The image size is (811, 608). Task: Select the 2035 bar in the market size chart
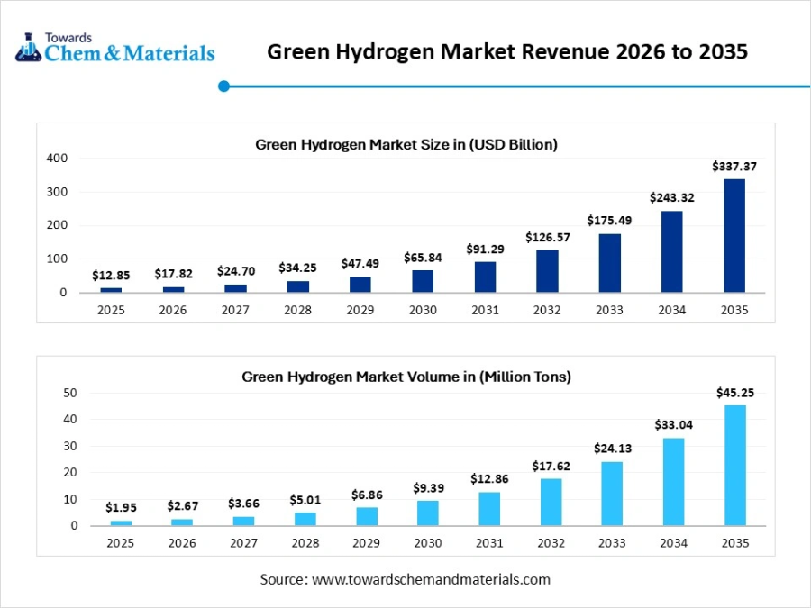click(x=734, y=235)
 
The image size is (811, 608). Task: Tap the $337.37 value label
click(x=734, y=167)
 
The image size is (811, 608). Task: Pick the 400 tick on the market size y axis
click(x=57, y=159)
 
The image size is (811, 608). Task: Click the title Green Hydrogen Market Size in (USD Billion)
click(x=406, y=144)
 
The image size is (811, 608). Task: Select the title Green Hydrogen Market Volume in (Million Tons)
click(x=406, y=377)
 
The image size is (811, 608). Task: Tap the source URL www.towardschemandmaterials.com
click(x=431, y=579)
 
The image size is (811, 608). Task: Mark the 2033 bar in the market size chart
click(x=610, y=263)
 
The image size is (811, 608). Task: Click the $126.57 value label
click(x=548, y=238)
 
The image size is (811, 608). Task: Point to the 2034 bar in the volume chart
click(x=673, y=481)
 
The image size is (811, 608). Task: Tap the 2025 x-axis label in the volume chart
click(x=120, y=542)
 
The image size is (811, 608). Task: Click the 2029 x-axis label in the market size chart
click(x=360, y=310)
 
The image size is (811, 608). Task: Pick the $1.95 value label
click(x=120, y=508)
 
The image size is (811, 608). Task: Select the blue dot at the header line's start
click(x=224, y=86)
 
